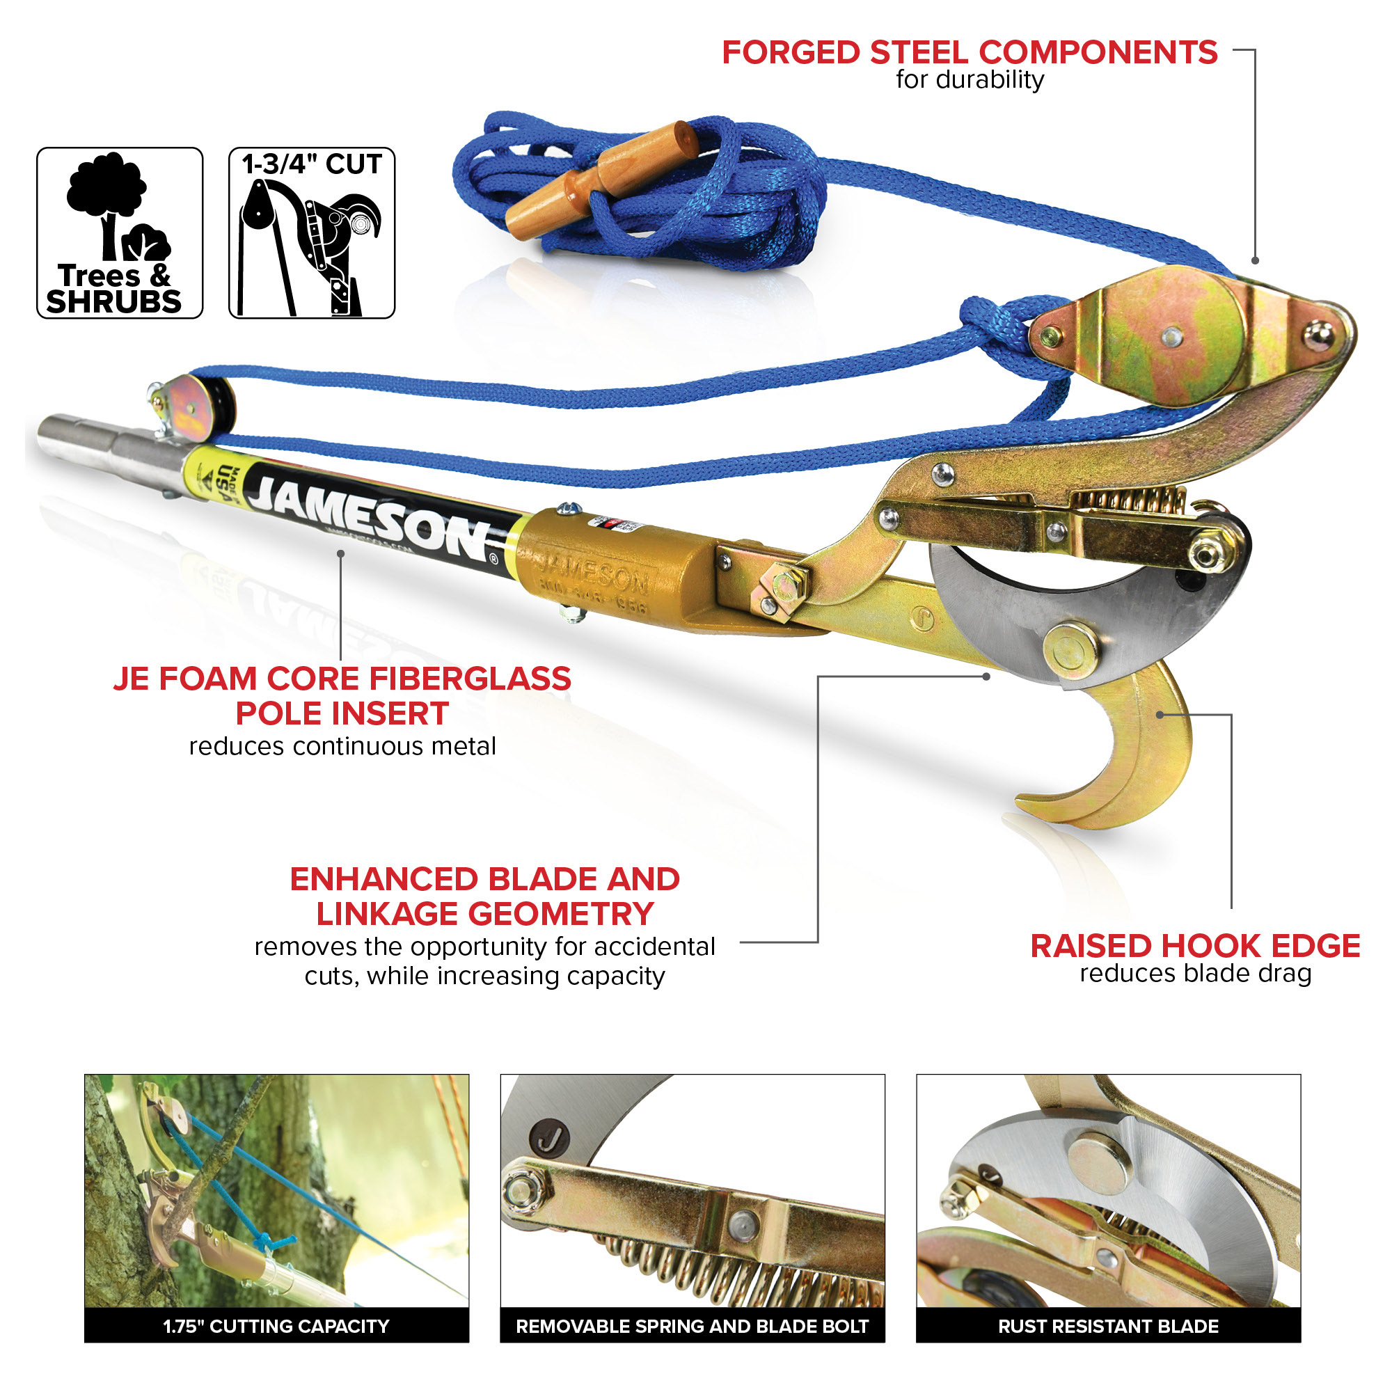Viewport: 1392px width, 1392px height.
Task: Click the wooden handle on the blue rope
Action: click(x=602, y=180)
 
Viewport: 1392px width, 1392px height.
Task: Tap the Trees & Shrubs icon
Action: click(x=120, y=232)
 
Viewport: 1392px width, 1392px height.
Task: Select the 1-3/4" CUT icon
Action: click(x=311, y=232)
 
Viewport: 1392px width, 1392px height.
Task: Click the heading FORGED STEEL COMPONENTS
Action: click(x=969, y=54)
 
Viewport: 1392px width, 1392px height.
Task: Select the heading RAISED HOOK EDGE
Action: click(x=1194, y=946)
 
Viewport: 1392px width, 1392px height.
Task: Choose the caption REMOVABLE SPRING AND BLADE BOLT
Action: click(x=692, y=1327)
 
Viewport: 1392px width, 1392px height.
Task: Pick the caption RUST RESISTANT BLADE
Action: click(x=1107, y=1327)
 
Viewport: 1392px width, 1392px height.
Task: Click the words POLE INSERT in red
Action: click(x=342, y=714)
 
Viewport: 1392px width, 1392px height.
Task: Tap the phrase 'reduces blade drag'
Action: click(x=1194, y=974)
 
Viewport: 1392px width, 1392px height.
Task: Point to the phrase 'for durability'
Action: click(x=969, y=79)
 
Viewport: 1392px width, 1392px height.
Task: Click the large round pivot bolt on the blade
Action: click(x=1070, y=649)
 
